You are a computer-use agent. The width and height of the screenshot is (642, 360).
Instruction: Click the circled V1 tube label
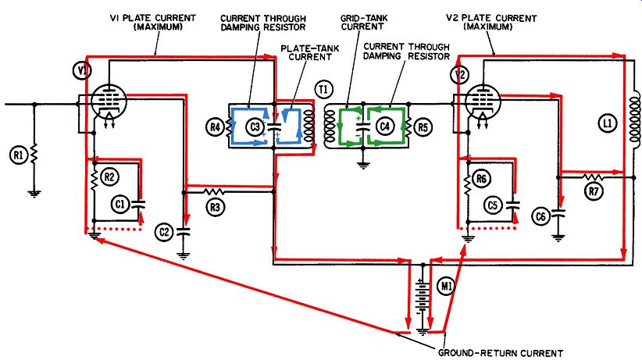pos(83,71)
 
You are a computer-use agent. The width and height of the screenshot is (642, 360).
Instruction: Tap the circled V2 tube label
pos(460,75)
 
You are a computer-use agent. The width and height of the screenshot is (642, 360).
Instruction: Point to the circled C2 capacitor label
pos(164,232)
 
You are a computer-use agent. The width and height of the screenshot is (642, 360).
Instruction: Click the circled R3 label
pos(216,207)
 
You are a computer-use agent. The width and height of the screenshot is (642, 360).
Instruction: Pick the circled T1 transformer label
pos(324,89)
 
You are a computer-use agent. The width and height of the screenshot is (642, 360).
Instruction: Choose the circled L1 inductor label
pos(608,123)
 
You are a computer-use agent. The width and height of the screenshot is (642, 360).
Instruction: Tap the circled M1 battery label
pos(446,286)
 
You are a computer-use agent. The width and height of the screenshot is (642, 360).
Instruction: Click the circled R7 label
pos(594,191)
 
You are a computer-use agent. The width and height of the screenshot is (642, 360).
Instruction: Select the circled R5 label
pos(423,127)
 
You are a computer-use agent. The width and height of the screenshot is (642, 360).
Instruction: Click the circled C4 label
pos(385,127)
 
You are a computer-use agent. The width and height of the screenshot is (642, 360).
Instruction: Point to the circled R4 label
pos(215,127)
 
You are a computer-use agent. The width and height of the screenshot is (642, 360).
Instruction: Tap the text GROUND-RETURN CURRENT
pos(501,353)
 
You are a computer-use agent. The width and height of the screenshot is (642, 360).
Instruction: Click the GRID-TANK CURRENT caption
pos(364,23)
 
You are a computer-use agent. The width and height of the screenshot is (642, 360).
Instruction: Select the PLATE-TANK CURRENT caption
pos(310,52)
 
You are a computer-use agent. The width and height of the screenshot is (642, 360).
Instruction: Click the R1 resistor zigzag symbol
pos(34,153)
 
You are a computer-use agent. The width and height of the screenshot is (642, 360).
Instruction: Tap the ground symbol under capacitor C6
pos(558,237)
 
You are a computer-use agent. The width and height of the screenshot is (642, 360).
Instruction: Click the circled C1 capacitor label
pos(120,203)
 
